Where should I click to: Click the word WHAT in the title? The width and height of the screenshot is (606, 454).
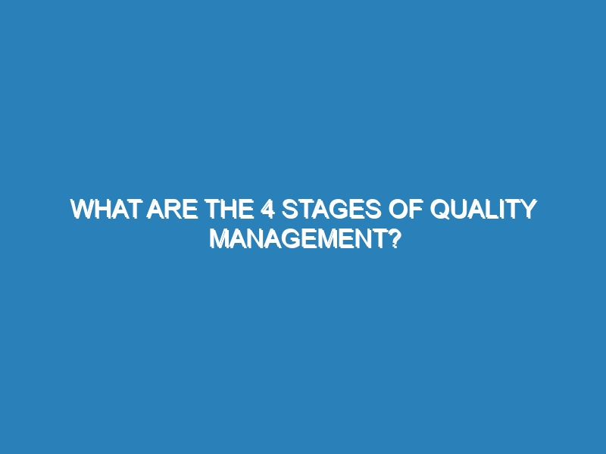(x=105, y=209)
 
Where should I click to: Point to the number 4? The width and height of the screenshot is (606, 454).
(x=267, y=209)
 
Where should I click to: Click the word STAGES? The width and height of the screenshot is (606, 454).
(x=331, y=209)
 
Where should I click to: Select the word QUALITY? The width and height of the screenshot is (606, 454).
(x=483, y=210)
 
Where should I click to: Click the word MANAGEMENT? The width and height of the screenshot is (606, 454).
(x=298, y=239)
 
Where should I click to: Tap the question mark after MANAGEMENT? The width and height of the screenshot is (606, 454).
(x=392, y=239)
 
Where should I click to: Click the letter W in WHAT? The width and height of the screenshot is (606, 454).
(x=82, y=209)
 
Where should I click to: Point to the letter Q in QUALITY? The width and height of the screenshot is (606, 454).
(x=440, y=210)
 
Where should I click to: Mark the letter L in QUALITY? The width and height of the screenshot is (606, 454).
(x=494, y=209)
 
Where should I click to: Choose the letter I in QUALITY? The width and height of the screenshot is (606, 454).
(x=504, y=209)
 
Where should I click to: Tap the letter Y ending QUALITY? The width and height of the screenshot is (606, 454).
(x=528, y=209)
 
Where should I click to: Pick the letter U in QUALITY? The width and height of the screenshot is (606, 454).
(x=460, y=210)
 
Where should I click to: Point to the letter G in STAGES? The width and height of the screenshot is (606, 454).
(x=339, y=209)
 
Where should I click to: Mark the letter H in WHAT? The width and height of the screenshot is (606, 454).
(x=102, y=209)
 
